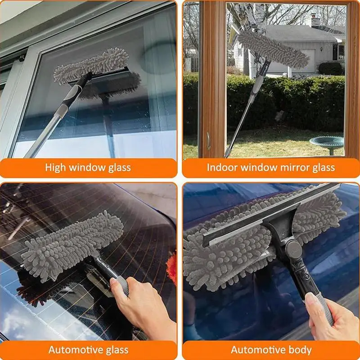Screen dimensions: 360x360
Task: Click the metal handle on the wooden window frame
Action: pos(208,141)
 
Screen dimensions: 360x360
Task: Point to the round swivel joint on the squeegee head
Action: pos(293,249)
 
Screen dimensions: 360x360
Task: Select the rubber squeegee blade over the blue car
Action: pos(271,215)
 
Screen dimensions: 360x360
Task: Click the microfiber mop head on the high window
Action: pos(91,65)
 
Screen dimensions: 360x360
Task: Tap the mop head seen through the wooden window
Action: pos(273,49)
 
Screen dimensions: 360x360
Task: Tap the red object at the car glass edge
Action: pos(172,269)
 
